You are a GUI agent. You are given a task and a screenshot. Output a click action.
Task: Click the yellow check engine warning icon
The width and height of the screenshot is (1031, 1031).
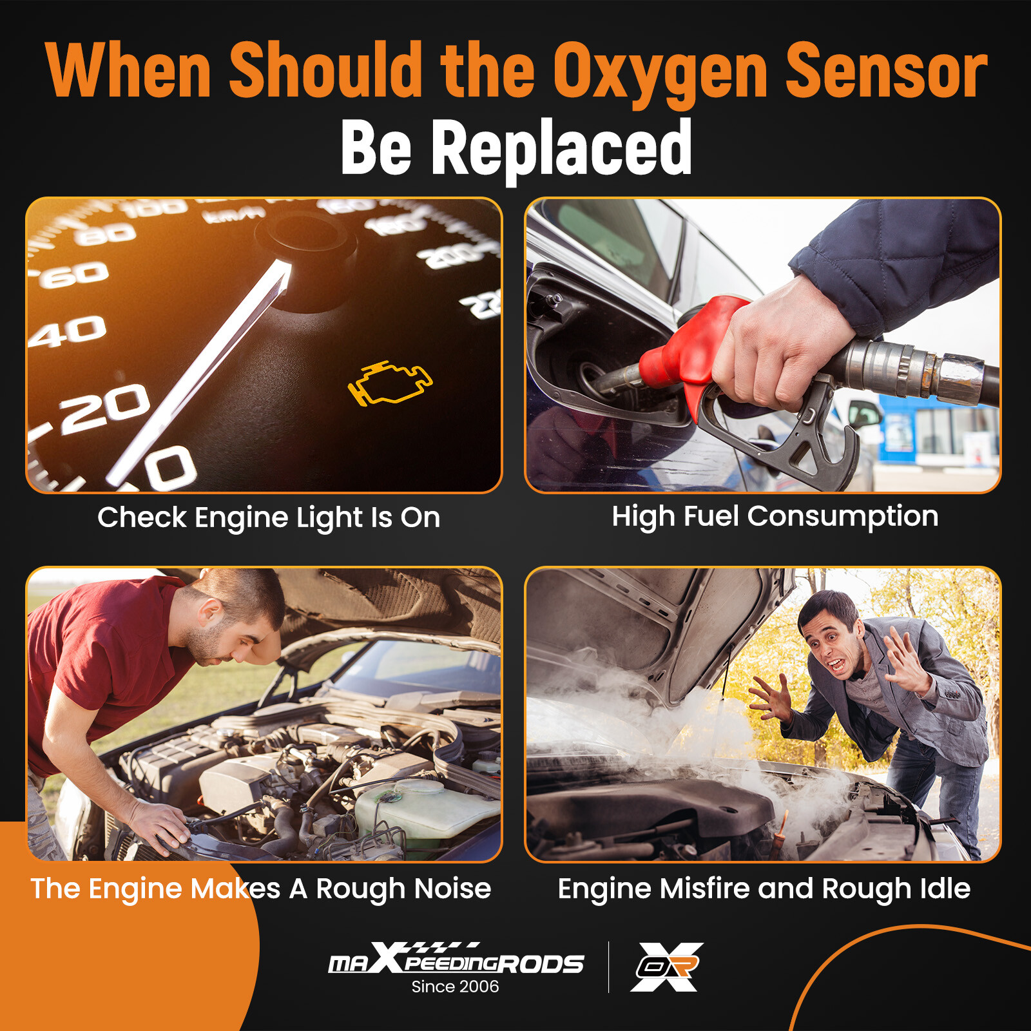point(390,383)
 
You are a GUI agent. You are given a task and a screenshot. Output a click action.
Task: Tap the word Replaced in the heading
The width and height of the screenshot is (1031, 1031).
point(561,148)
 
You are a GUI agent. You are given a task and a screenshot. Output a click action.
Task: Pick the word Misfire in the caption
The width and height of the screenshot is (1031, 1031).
point(706,889)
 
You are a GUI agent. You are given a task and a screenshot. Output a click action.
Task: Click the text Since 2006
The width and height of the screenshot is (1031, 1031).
point(455,987)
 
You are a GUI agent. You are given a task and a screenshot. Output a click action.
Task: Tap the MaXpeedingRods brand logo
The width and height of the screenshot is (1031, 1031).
point(456,960)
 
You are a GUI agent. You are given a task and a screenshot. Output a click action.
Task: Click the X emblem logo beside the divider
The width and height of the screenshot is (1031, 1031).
point(667,967)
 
